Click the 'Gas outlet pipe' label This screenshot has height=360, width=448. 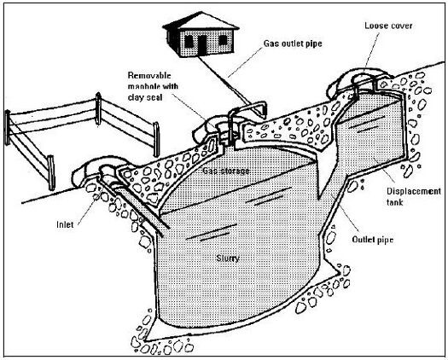pyautogui.click(x=293, y=44)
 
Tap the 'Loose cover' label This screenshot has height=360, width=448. pyautogui.click(x=388, y=26)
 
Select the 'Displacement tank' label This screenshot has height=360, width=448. pyautogui.click(x=414, y=196)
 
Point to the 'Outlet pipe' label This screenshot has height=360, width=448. pyautogui.click(x=373, y=240)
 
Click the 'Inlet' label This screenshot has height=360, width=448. pyautogui.click(x=65, y=224)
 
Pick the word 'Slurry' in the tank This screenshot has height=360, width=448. pyautogui.click(x=228, y=258)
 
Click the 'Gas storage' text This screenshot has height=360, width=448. pyautogui.click(x=226, y=171)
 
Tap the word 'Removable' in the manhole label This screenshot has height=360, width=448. pyautogui.click(x=149, y=75)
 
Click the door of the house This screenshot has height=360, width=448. pyautogui.click(x=202, y=45)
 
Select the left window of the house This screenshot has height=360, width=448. pyautogui.click(x=189, y=42)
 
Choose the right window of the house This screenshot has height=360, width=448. pyautogui.click(x=223, y=40)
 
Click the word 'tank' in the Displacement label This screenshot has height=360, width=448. pyautogui.click(x=394, y=202)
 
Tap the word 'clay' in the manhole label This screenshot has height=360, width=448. pyautogui.click(x=136, y=98)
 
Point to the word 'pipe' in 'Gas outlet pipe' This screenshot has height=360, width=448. pyautogui.click(x=314, y=44)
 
